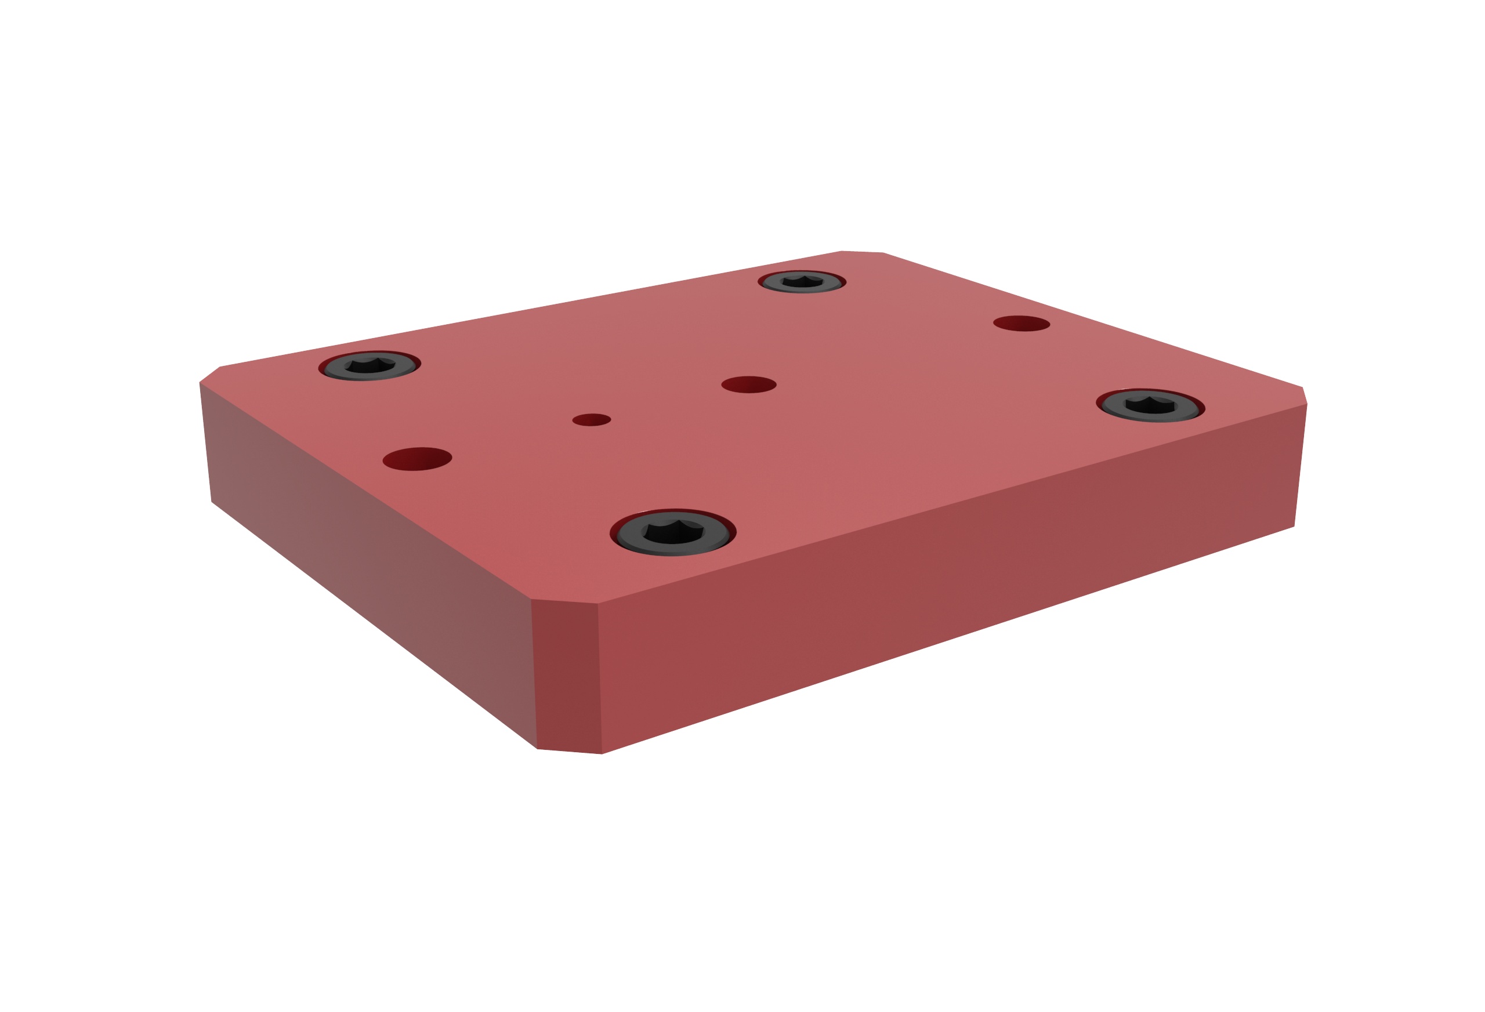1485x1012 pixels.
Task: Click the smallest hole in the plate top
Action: (591, 420)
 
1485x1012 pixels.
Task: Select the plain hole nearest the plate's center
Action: (748, 385)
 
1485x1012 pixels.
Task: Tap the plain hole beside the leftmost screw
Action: (416, 459)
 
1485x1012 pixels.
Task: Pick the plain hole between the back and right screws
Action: (1021, 324)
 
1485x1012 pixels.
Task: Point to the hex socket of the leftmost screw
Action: (370, 366)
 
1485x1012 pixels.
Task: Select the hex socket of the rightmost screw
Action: (1150, 407)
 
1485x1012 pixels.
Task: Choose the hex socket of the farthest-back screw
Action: (802, 281)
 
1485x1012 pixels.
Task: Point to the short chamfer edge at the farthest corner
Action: (862, 252)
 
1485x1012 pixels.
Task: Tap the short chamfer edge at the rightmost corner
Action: (1304, 396)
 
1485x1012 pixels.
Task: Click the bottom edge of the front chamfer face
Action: (569, 752)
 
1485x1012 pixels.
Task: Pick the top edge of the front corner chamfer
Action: (564, 602)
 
